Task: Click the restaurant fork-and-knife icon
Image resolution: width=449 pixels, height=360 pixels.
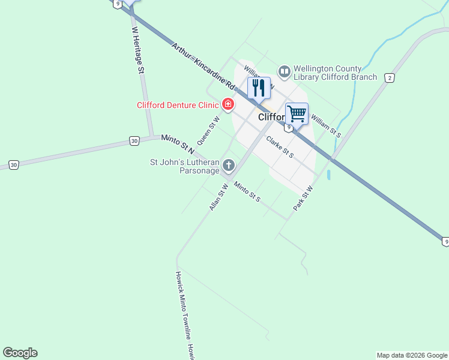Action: tap(259, 88)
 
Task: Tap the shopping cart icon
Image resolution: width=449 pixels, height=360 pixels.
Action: tap(297, 113)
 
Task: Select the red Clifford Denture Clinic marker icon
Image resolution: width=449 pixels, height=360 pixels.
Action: tap(228, 105)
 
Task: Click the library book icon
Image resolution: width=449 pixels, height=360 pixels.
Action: tap(285, 71)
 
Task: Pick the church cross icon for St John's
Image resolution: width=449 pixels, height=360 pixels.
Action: tap(229, 165)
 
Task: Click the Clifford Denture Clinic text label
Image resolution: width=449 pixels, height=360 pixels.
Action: tap(178, 105)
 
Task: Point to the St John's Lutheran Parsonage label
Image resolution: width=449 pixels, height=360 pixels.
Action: tap(185, 166)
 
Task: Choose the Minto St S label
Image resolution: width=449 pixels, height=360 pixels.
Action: tap(247, 191)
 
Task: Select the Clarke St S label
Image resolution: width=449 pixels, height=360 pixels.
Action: tap(280, 148)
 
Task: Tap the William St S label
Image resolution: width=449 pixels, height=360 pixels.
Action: tap(326, 127)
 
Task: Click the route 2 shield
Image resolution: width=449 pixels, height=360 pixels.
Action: tap(390, 78)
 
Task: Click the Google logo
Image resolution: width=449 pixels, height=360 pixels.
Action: tap(20, 353)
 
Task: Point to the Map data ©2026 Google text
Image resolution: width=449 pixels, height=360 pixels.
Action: tap(412, 355)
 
